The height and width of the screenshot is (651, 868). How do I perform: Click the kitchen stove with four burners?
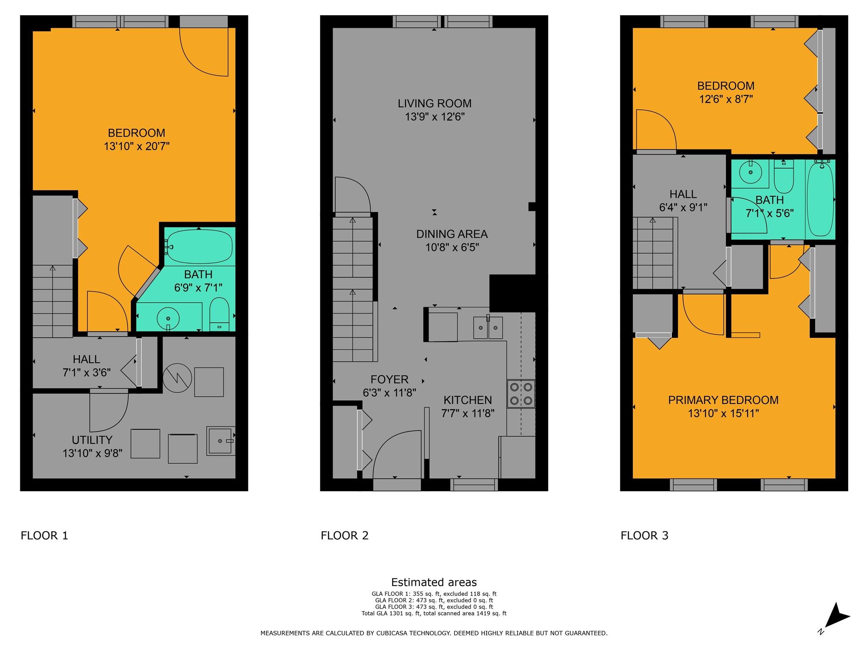pos(521,394)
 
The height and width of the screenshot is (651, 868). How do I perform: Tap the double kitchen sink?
pos(488,328)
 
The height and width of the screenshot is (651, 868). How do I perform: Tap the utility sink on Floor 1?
pos(220,441)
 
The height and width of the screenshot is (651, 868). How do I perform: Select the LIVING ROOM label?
pos(434,103)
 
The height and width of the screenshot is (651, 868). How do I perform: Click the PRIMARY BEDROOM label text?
pos(723,400)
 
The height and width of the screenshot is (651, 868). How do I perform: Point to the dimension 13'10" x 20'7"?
pos(136,147)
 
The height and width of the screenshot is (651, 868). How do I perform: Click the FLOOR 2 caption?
pos(345,536)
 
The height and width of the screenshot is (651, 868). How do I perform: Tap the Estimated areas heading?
pos(434,582)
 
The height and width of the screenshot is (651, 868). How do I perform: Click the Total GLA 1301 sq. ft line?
pos(434,613)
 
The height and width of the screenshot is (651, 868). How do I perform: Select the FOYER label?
pos(389,379)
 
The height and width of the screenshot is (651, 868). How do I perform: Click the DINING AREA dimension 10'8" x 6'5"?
pos(452,248)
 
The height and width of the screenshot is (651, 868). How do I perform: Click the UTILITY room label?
pos(92,440)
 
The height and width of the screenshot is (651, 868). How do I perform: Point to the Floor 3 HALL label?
pos(683,194)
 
